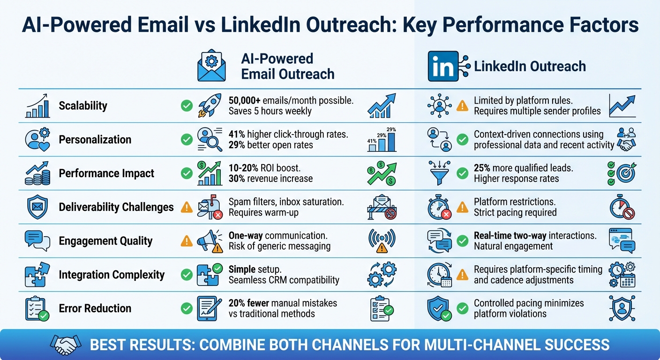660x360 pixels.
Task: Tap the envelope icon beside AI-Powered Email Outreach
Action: [x=212, y=67]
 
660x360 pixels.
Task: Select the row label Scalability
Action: [x=83, y=106]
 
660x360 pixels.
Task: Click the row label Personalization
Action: [x=95, y=140]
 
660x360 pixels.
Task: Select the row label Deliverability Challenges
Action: [x=116, y=207]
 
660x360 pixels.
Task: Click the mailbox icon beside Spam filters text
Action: [x=209, y=207]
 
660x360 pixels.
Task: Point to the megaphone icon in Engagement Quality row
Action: [x=209, y=241]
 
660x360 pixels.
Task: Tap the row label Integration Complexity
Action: [x=112, y=275]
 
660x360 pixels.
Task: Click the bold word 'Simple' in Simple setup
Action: [x=242, y=270]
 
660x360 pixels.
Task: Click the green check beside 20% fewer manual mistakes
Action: [x=187, y=308]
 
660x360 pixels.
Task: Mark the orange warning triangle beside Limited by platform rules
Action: [x=462, y=106]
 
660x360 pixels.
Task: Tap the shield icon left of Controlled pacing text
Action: [x=439, y=308]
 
